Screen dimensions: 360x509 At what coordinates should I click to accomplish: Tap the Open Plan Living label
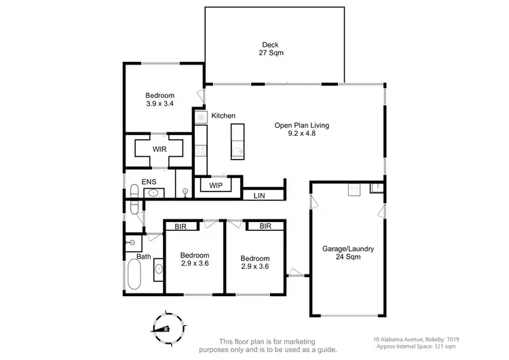(295, 129)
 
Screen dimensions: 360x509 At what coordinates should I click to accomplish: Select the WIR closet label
(159, 149)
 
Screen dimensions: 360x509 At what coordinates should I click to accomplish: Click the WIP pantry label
(216, 185)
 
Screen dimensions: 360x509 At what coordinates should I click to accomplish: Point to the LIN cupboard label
(259, 196)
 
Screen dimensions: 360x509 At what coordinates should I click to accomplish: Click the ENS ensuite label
(149, 182)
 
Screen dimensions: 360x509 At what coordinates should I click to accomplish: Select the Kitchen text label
(223, 116)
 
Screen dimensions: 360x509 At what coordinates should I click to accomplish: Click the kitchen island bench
(237, 141)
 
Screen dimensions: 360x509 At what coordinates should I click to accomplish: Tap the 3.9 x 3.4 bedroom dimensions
(160, 105)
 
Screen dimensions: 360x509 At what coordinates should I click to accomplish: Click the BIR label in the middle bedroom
(181, 227)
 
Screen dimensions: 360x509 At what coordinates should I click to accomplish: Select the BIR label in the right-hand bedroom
(265, 226)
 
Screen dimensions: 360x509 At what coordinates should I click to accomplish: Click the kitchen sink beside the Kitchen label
(201, 117)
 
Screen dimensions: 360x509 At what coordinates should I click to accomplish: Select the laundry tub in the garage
(354, 189)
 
